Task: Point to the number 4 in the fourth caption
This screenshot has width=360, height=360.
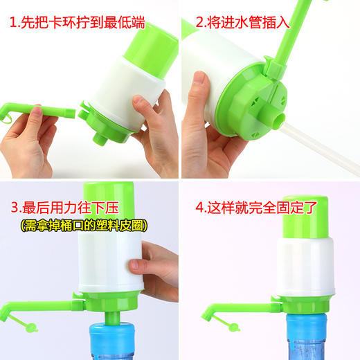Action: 199,207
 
